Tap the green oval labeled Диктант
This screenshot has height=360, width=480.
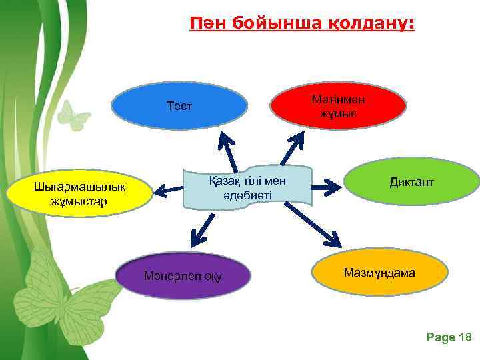[412, 182]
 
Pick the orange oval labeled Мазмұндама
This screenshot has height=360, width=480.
[379, 273]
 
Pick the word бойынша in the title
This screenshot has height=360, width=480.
[273, 25]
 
